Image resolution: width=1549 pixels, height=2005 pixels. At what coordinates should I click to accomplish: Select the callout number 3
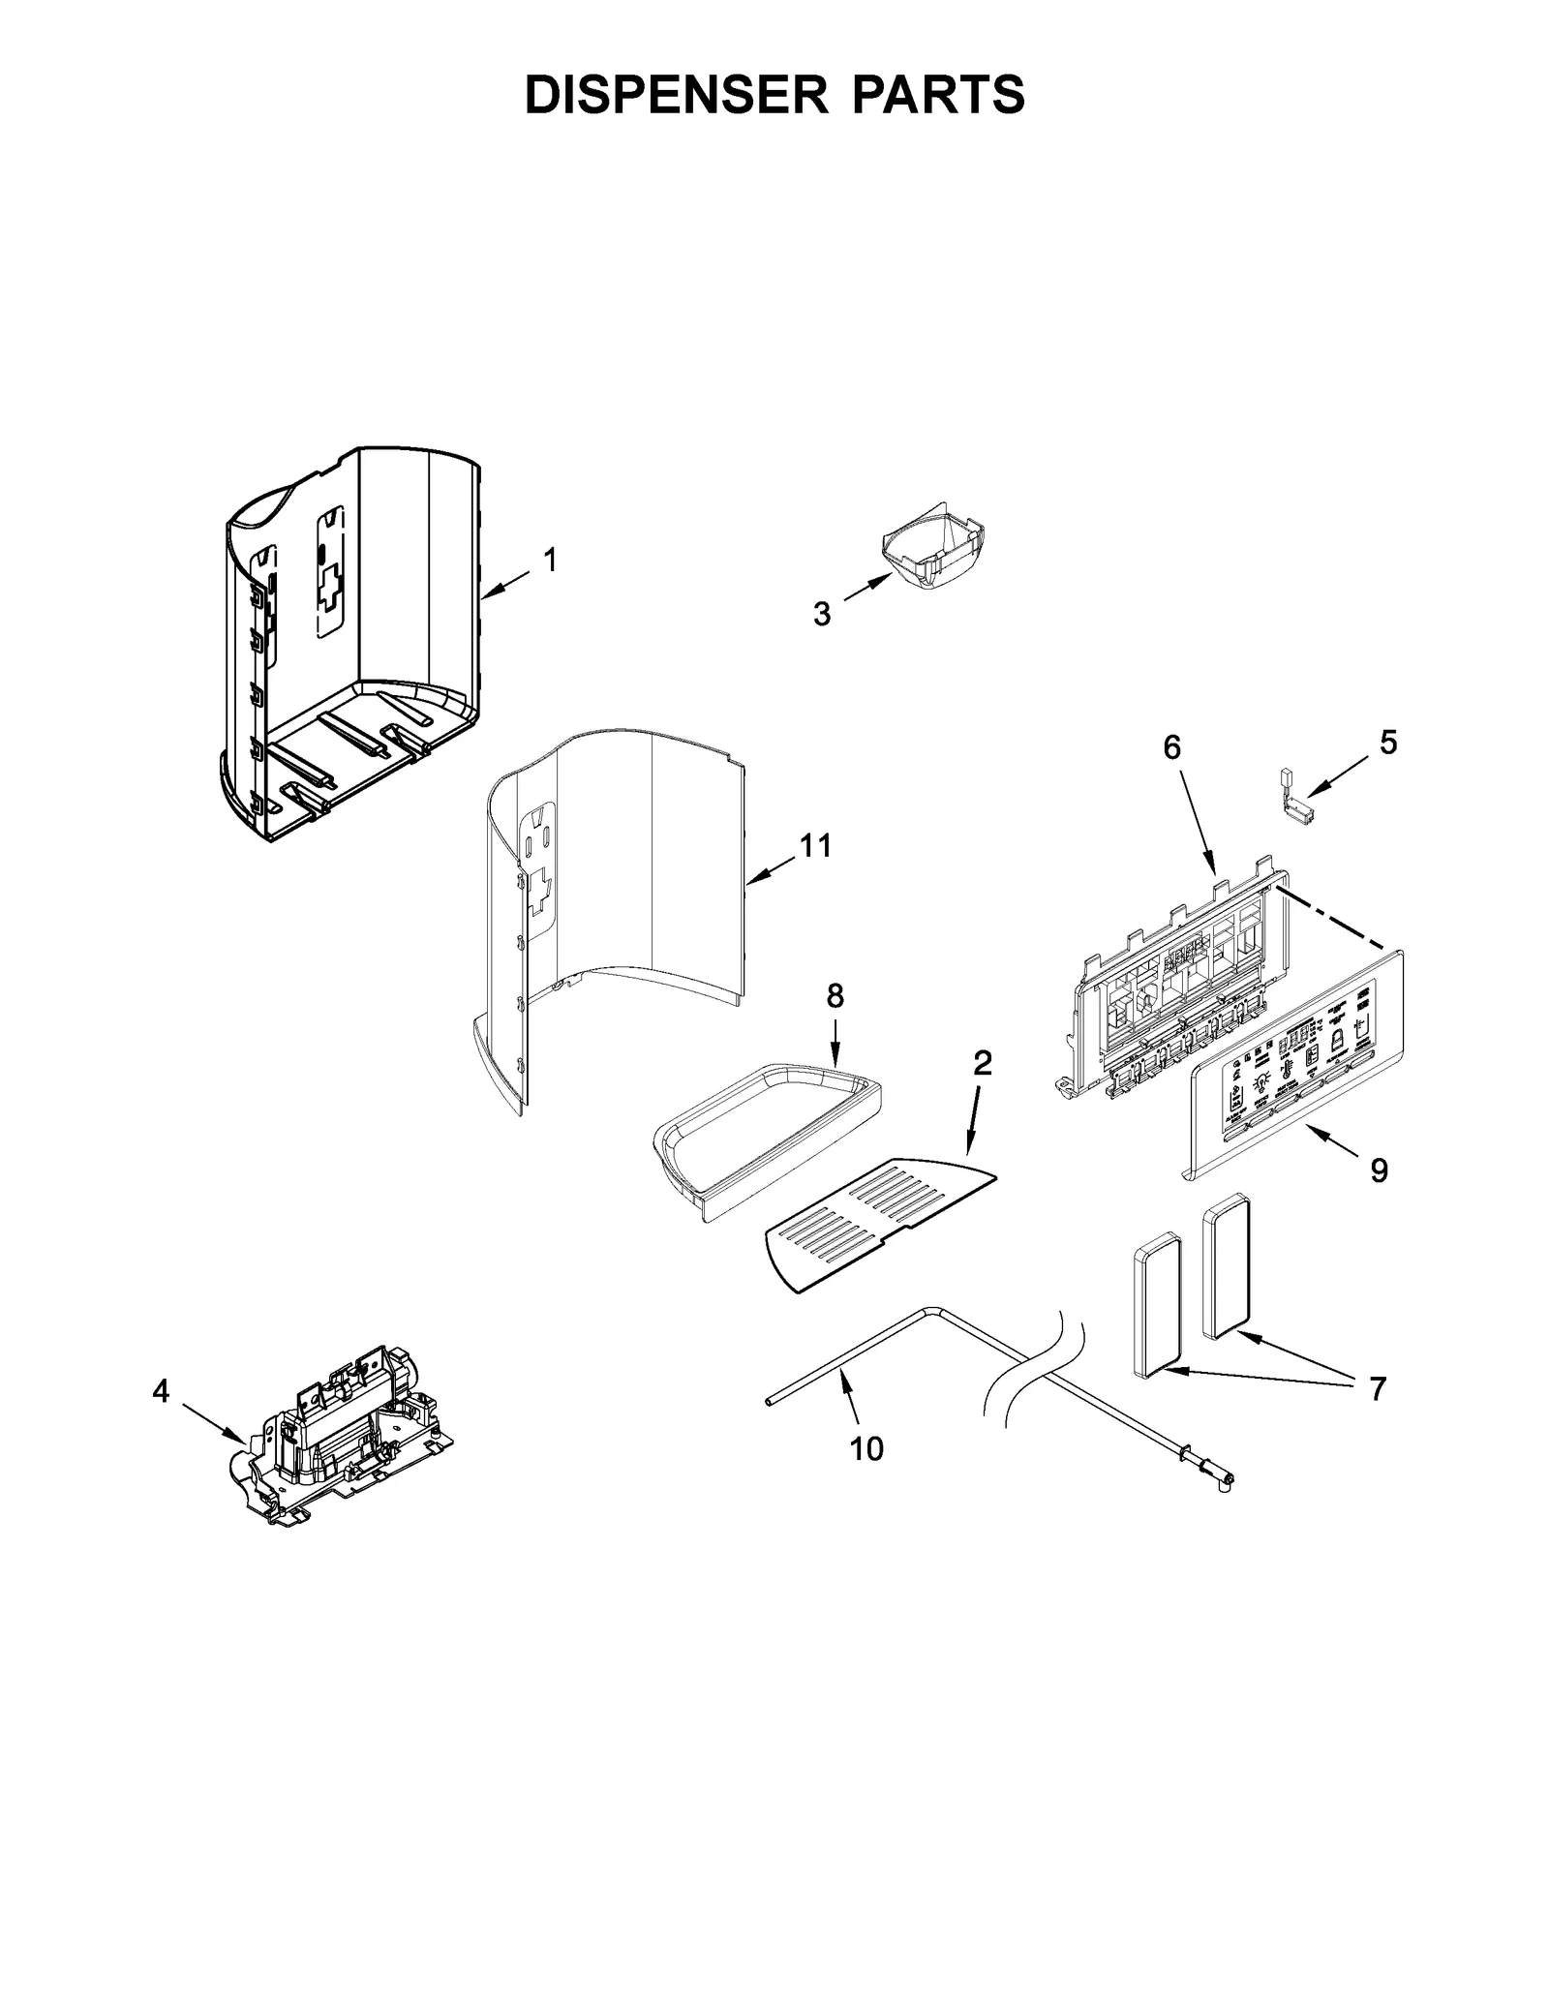[821, 614]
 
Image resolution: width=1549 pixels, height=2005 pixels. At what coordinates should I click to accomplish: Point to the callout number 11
[815, 846]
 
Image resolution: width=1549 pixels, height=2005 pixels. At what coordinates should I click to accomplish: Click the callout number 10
[866, 1475]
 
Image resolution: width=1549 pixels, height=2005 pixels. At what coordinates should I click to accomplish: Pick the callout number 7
[1377, 1388]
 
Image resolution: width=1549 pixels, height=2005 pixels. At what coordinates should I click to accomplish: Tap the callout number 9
[1379, 1171]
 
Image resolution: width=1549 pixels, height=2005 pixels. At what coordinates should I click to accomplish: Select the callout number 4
[161, 1392]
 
